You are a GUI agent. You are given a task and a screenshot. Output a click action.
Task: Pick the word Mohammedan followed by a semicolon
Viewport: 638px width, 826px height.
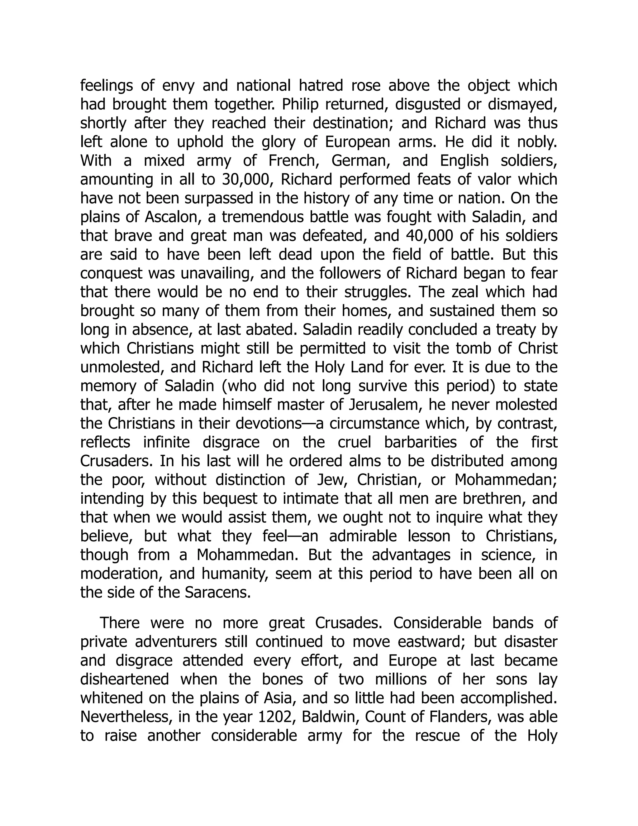coord(506,480)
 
